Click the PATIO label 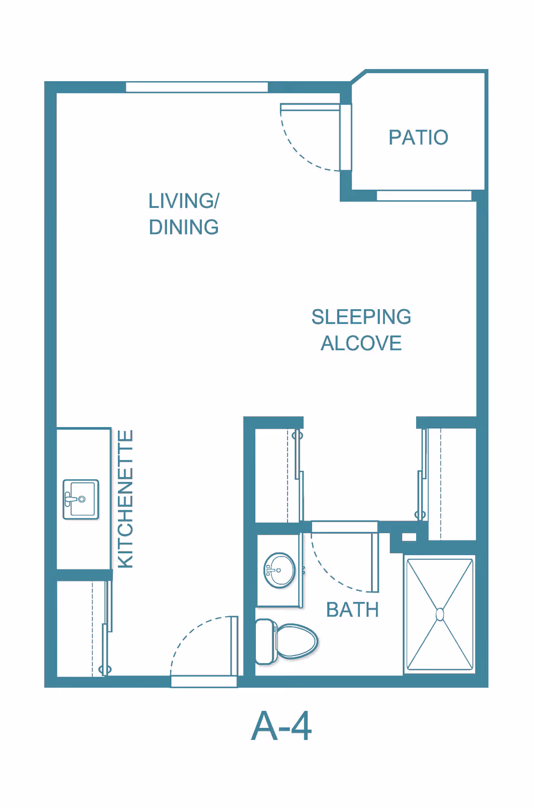tap(418, 137)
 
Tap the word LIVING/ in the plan tap(184, 201)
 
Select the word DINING tap(184, 227)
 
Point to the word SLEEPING tap(361, 317)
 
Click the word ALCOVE tap(361, 344)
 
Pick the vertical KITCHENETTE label tap(126, 499)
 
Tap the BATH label tap(352, 610)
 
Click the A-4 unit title tap(281, 726)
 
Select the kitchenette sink tap(81, 499)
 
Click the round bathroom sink tap(280, 570)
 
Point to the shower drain tap(440, 614)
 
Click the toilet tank tap(265, 642)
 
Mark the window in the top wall tap(196, 87)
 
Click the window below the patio tap(424, 196)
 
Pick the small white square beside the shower tap(409, 537)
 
